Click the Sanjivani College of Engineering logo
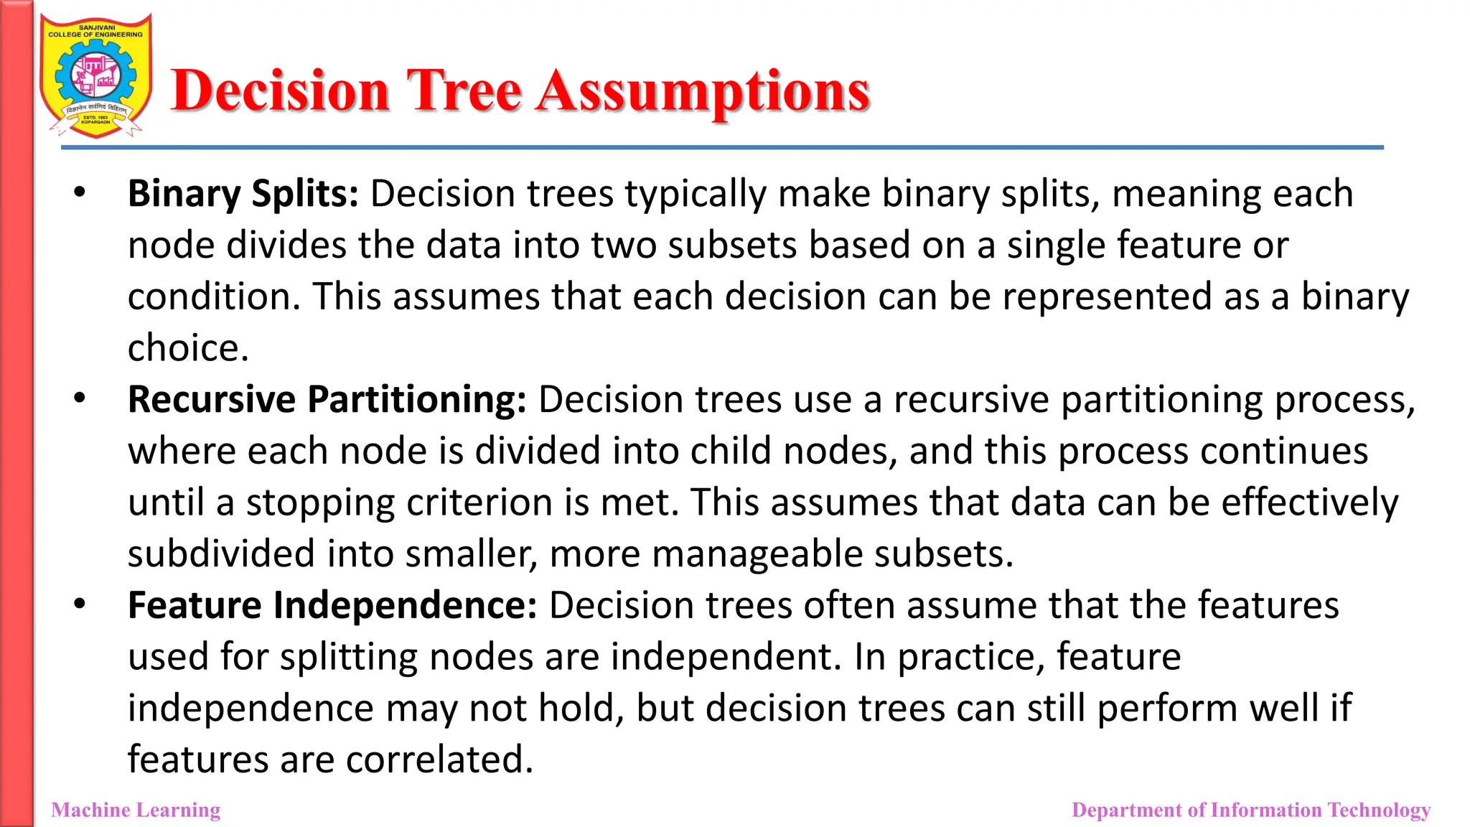(95, 75)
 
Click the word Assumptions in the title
(703, 91)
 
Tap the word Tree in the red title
(464, 91)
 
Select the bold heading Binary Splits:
(243, 194)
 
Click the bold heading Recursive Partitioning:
(327, 400)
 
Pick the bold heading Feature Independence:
(332, 605)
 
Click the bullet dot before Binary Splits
(80, 192)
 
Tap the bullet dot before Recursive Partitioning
(80, 398)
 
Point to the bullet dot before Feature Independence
(80, 603)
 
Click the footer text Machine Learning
(136, 810)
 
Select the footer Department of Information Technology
(1250, 810)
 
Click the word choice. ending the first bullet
(188, 348)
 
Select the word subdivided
(221, 554)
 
